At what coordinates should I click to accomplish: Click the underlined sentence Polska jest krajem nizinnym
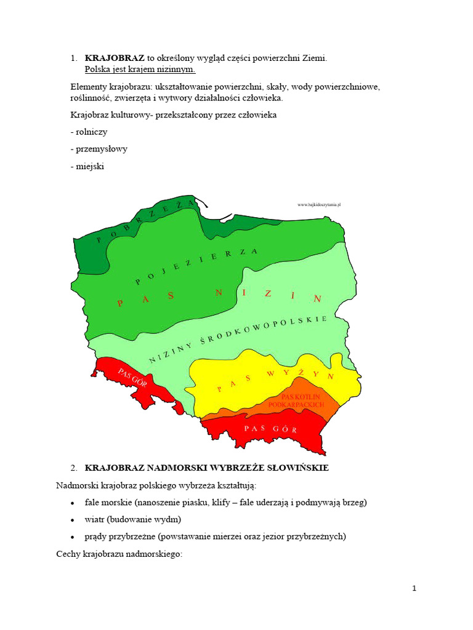pyautogui.click(x=140, y=69)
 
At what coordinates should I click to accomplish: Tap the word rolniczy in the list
pyautogui.click(x=90, y=132)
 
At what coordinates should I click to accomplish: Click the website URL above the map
pyautogui.click(x=318, y=204)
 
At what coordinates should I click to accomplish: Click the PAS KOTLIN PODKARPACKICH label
pyautogui.click(x=301, y=401)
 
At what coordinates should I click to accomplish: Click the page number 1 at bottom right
pyautogui.click(x=414, y=588)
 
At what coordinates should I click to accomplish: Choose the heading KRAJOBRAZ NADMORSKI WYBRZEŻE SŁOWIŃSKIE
pyautogui.click(x=206, y=468)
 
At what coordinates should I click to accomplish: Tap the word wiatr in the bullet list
pyautogui.click(x=95, y=519)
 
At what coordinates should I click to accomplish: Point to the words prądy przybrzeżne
pyautogui.click(x=122, y=536)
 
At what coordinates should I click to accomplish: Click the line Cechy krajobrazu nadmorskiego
pyautogui.click(x=119, y=554)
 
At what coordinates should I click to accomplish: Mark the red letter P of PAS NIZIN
pyautogui.click(x=121, y=303)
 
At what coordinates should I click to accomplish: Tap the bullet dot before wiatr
pyautogui.click(x=73, y=520)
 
